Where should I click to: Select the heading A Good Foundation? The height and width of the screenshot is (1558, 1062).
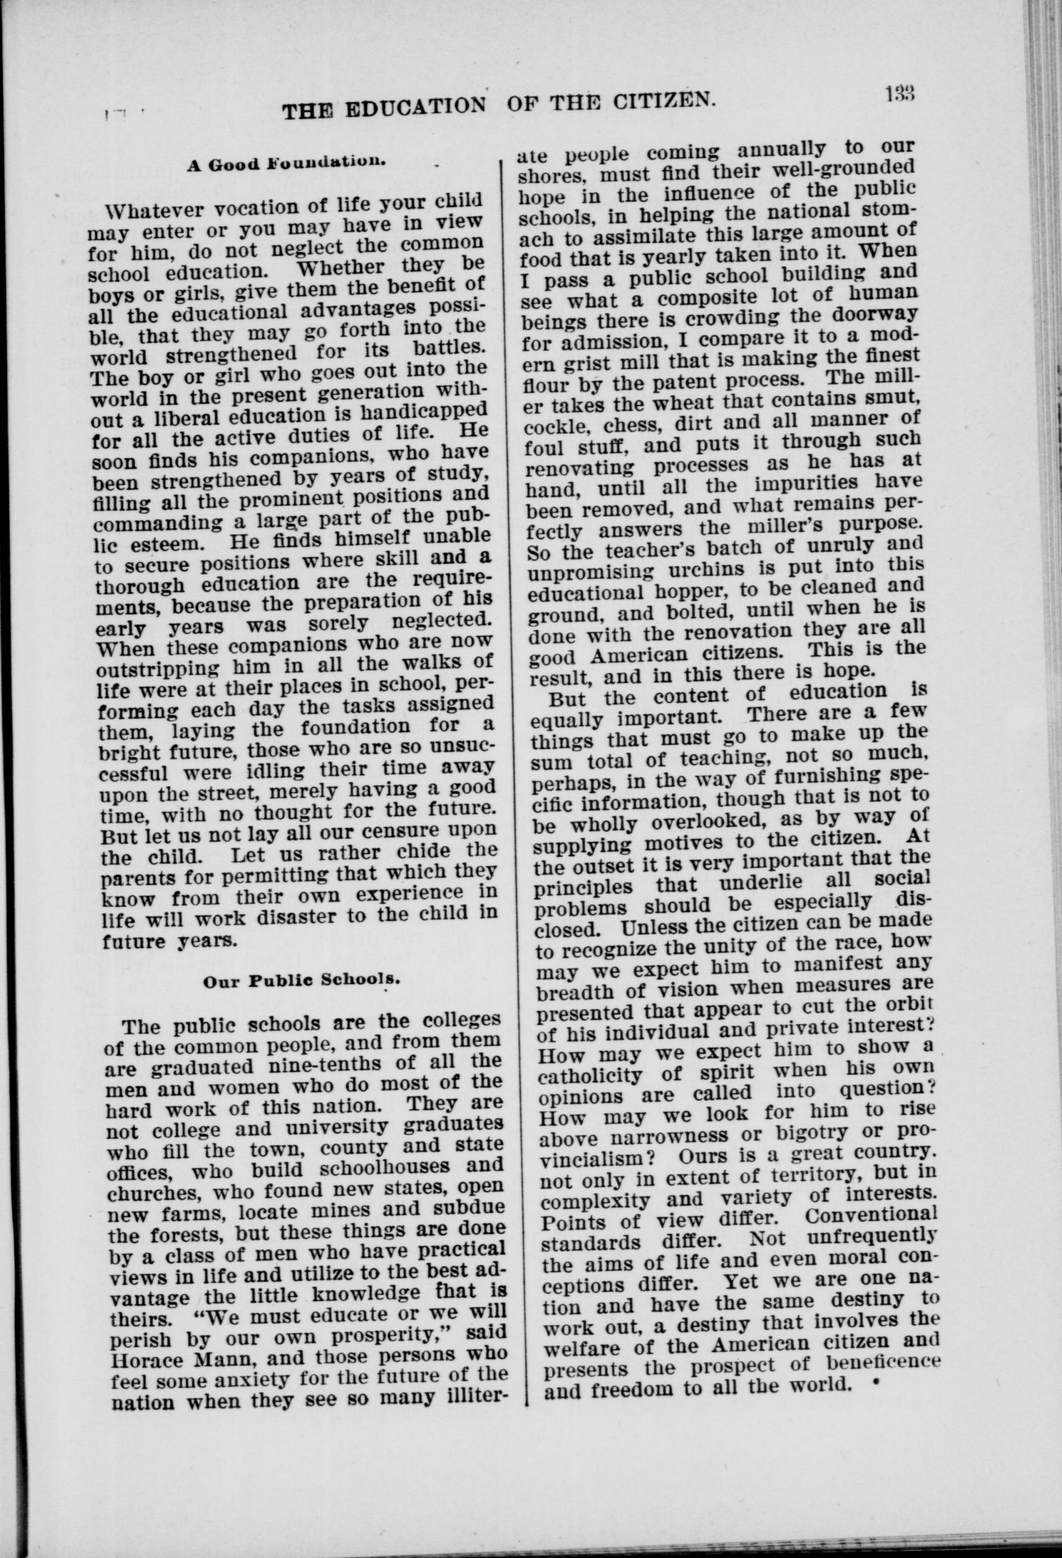[284, 163]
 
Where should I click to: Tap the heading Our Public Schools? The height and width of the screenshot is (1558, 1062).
[301, 981]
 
